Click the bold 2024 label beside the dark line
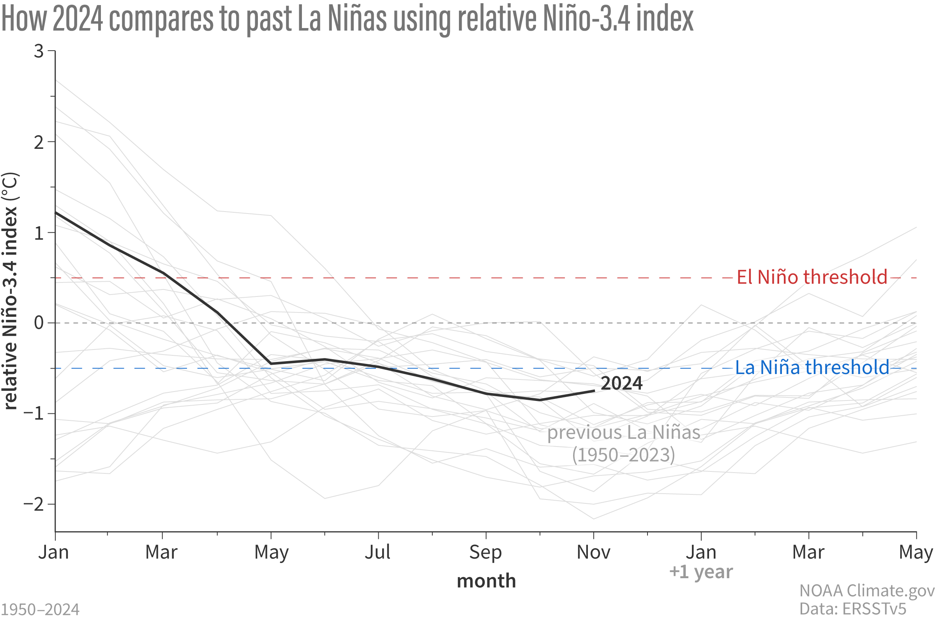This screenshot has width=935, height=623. pyautogui.click(x=621, y=383)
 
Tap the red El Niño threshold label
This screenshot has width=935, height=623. pyautogui.click(x=812, y=277)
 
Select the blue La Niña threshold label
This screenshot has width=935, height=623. pyautogui.click(x=812, y=367)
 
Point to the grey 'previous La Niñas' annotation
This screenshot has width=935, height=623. pyautogui.click(x=623, y=433)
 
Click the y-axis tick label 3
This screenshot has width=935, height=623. pyautogui.click(x=39, y=51)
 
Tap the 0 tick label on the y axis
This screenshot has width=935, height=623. pyautogui.click(x=39, y=323)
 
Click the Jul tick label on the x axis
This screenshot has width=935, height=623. pyautogui.click(x=378, y=552)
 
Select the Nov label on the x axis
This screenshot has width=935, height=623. pyautogui.click(x=593, y=552)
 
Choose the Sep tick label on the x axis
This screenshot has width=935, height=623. pyautogui.click(x=485, y=552)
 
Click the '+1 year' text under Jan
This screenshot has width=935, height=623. pyautogui.click(x=700, y=572)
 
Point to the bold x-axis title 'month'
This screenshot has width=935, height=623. pyautogui.click(x=486, y=581)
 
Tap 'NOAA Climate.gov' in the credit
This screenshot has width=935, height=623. pyautogui.click(x=867, y=590)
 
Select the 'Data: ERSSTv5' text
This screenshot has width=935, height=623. pyautogui.click(x=852, y=609)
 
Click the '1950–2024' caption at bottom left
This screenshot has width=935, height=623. pyautogui.click(x=40, y=609)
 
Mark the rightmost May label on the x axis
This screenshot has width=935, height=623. pyautogui.click(x=916, y=552)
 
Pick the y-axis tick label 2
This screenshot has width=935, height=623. pyautogui.click(x=39, y=142)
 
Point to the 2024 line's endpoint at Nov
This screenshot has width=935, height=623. pyautogui.click(x=594, y=390)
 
